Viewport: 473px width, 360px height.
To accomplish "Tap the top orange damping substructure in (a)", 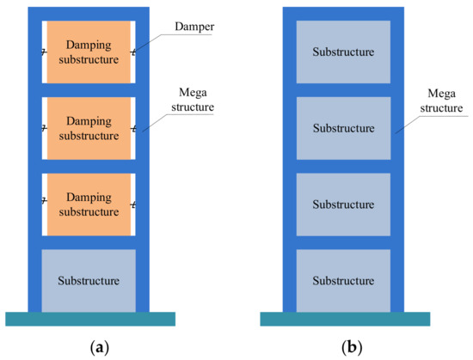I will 89,52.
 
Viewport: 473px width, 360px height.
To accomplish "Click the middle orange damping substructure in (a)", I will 89,128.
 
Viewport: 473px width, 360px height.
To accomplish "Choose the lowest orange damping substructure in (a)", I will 89,204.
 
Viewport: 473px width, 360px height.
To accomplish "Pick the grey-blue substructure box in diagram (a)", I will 89,280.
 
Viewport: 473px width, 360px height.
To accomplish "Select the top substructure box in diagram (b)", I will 343,52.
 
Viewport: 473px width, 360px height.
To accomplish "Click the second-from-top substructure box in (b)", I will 343,128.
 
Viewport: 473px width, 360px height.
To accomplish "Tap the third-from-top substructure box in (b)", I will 343,204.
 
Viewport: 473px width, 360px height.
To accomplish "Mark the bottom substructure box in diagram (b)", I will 343,280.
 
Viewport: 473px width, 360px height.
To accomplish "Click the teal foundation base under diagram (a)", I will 90,319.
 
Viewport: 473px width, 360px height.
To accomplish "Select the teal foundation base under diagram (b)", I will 344,319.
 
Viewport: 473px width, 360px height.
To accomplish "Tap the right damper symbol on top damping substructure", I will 133,53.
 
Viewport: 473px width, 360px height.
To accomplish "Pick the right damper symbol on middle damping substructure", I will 133,129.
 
